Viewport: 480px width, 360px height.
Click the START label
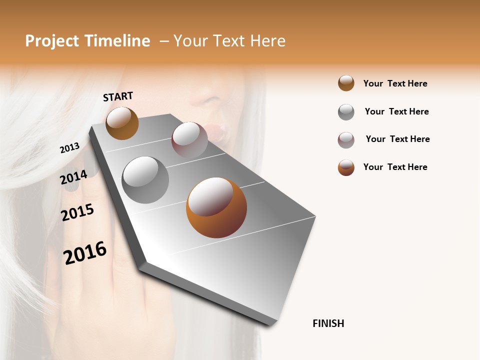pyautogui.click(x=118, y=96)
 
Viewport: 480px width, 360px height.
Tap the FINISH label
pyautogui.click(x=328, y=323)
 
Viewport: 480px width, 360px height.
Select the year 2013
pyautogui.click(x=69, y=148)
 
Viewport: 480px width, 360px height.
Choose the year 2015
pyautogui.click(x=77, y=213)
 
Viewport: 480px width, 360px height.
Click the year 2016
pyautogui.click(x=85, y=253)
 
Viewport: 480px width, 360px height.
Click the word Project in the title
pyautogui.click(x=52, y=41)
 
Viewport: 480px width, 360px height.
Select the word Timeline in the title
pyautogui.click(x=117, y=41)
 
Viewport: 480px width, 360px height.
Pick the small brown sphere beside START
pyautogui.click(x=122, y=123)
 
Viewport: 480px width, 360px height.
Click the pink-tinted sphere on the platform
pyautogui.click(x=189, y=139)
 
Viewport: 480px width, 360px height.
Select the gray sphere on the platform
pyautogui.click(x=145, y=180)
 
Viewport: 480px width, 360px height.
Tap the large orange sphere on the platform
pyautogui.click(x=216, y=207)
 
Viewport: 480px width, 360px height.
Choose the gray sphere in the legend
pyautogui.click(x=346, y=112)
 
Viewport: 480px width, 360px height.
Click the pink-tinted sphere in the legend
pyautogui.click(x=346, y=140)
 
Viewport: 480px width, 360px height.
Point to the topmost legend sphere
pyautogui.click(x=346, y=83)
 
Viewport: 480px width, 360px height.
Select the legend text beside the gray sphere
pyautogui.click(x=396, y=111)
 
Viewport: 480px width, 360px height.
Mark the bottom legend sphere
pyautogui.click(x=346, y=167)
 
